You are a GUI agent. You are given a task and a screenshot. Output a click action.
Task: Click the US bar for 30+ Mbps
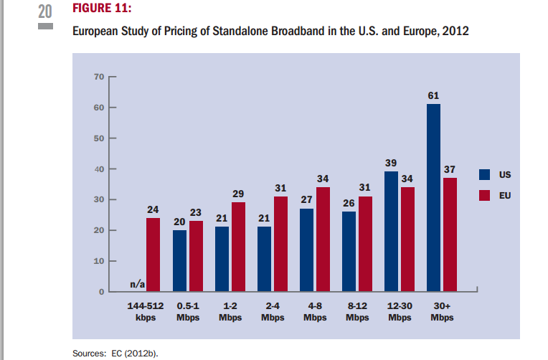click(433, 198)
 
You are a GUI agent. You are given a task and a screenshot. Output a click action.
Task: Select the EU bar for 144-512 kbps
click(153, 255)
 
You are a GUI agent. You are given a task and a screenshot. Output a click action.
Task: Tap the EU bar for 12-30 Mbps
click(407, 240)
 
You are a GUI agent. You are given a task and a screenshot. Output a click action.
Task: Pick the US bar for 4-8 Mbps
click(306, 250)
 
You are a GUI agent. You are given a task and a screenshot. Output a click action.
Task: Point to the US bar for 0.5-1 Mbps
click(179, 261)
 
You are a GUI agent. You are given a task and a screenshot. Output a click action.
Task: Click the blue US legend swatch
click(485, 174)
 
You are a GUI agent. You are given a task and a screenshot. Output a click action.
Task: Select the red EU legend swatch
click(485, 194)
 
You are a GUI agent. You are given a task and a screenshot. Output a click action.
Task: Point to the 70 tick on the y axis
click(99, 76)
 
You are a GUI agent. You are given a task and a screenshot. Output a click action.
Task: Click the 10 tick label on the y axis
click(99, 261)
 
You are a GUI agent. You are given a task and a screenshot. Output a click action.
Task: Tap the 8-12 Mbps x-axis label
click(358, 312)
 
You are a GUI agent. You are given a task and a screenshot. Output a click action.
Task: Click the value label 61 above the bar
click(433, 95)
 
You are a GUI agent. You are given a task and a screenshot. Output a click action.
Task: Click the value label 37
click(450, 169)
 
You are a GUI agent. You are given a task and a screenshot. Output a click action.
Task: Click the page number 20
click(45, 11)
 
